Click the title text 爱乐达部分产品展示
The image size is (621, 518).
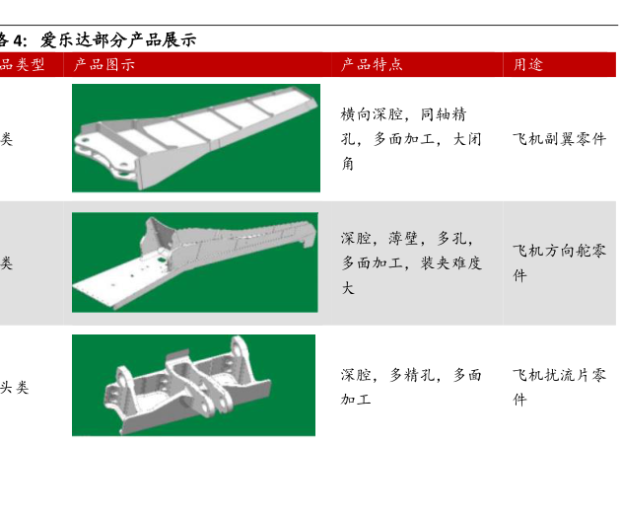pos(118,40)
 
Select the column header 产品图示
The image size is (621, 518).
pos(104,64)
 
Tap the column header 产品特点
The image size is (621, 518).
pos(372,64)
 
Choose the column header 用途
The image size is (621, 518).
pos(528,64)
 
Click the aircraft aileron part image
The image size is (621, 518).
pos(196,138)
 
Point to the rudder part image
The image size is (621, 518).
pos(195,262)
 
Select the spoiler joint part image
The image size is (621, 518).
pos(193,385)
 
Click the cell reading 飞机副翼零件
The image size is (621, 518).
pos(559,139)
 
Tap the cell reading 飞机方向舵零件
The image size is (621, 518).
pos(559,262)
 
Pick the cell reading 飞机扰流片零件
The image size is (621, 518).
pos(559,387)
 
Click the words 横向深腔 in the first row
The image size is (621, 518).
pos(372,114)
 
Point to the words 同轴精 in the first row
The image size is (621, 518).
pos(444,114)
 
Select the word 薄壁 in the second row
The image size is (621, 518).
pos(403,238)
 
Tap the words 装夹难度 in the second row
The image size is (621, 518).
pos(451,262)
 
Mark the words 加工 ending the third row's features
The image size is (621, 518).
pos(356,399)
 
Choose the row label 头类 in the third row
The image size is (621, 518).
pos(14,387)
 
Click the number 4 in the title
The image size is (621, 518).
pos(18,40)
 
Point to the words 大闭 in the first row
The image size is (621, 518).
pos(467,139)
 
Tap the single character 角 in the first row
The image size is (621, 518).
pos(348,164)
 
